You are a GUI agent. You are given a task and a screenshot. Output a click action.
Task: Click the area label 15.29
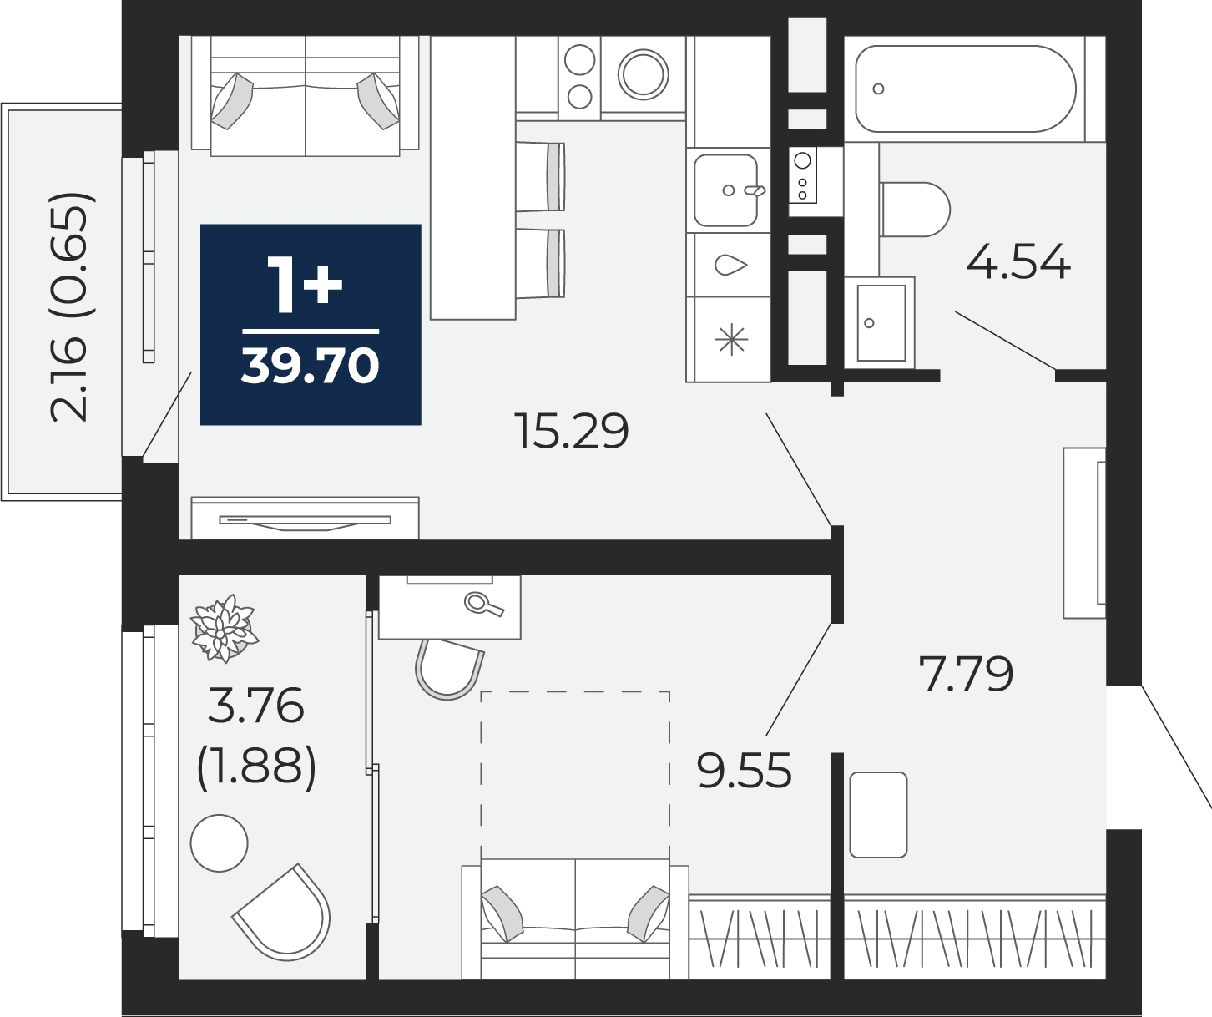pyautogui.click(x=572, y=432)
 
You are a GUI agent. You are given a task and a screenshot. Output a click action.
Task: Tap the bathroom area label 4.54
pyautogui.click(x=1018, y=262)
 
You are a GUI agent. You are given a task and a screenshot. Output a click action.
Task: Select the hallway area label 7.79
pyautogui.click(x=966, y=674)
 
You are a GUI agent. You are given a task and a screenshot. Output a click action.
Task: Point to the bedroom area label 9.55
pyautogui.click(x=744, y=771)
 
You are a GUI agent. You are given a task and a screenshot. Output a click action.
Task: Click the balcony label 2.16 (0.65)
pyautogui.click(x=68, y=307)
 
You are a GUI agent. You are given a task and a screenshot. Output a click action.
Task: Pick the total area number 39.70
pyautogui.click(x=311, y=366)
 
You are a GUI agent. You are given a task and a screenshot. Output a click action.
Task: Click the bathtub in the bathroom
pyautogui.click(x=966, y=89)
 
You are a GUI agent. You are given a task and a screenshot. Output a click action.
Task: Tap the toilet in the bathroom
pyautogui.click(x=917, y=209)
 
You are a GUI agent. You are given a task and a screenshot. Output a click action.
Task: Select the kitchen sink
pyautogui.click(x=726, y=190)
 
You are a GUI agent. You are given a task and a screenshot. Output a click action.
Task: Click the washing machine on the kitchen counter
pyautogui.click(x=643, y=73)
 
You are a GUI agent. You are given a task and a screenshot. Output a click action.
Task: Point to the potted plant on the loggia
pyautogui.click(x=223, y=628)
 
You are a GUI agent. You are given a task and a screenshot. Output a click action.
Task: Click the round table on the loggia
pyautogui.click(x=220, y=843)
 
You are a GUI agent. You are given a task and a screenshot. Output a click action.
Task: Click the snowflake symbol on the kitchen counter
pyautogui.click(x=731, y=340)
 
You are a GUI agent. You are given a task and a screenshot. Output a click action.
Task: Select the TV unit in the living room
pyautogui.click(x=305, y=519)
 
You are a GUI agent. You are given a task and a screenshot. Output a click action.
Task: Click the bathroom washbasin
pyautogui.click(x=881, y=322)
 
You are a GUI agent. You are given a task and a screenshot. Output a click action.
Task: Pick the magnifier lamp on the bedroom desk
pyautogui.click(x=482, y=603)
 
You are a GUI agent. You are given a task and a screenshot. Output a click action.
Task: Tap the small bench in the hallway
pyautogui.click(x=878, y=815)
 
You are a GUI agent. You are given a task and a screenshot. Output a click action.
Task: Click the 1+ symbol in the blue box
pyautogui.click(x=304, y=285)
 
